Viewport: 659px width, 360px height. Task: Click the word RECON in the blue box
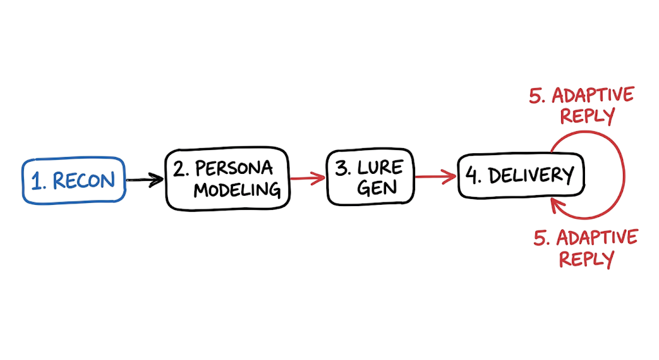pos(84,180)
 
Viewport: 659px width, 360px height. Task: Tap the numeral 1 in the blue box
pos(37,181)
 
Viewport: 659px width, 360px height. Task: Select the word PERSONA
pos(234,169)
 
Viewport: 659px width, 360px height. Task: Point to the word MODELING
pos(237,190)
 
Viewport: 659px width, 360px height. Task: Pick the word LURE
pos(380,167)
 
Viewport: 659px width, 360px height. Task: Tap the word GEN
pos(377,187)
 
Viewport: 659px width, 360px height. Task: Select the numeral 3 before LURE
pos(342,168)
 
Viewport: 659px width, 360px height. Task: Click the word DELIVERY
pos(531,175)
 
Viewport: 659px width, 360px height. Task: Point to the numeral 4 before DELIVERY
pos(472,175)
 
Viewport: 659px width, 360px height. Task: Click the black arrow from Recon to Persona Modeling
pos(145,180)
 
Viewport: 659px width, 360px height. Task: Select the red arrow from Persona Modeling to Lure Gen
pos(308,178)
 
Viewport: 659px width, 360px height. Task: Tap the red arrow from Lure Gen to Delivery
pos(436,176)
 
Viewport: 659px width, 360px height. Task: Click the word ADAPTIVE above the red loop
pos(593,95)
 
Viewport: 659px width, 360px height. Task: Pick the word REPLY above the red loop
pos(588,116)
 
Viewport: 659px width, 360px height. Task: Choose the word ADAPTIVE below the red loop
pos(597,238)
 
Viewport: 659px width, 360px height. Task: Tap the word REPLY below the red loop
pos(587,259)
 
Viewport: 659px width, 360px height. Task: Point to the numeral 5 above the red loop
pos(537,96)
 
